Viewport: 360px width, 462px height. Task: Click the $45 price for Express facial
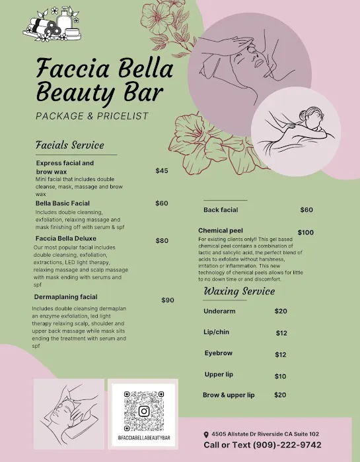(x=162, y=171)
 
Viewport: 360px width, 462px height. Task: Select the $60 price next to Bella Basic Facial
(x=162, y=203)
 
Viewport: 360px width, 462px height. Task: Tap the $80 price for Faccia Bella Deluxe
(x=162, y=241)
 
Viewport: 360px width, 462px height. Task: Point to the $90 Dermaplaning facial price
(x=168, y=300)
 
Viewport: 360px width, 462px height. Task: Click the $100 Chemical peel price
(x=306, y=232)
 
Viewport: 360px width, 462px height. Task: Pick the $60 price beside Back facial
(x=306, y=210)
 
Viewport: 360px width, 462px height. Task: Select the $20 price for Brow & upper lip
(x=280, y=395)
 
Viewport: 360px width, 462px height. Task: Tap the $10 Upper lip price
(x=280, y=376)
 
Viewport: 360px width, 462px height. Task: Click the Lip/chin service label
(x=217, y=333)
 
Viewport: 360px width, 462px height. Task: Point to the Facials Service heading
(x=69, y=145)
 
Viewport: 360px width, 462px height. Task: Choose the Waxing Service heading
(x=239, y=291)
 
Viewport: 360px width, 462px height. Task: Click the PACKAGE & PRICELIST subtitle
(x=92, y=116)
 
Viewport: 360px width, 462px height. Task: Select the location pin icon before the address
(x=206, y=434)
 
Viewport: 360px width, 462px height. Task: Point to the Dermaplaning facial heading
(x=66, y=297)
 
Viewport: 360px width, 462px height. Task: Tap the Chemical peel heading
(x=222, y=230)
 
